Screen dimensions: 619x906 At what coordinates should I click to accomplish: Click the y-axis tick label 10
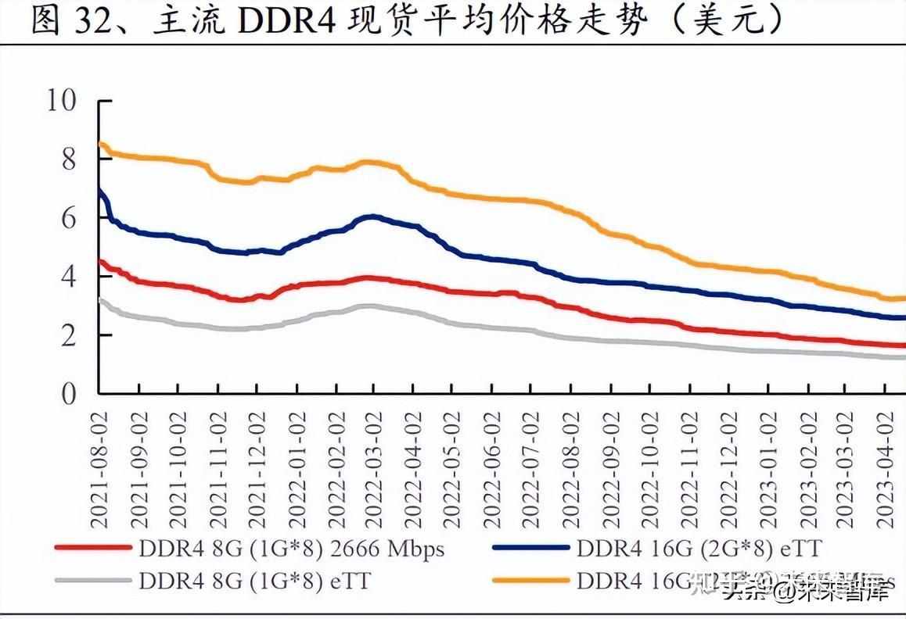click(63, 101)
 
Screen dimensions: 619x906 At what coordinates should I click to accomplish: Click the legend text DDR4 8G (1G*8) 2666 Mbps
click(291, 549)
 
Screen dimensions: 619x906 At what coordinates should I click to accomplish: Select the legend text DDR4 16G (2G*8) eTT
click(699, 549)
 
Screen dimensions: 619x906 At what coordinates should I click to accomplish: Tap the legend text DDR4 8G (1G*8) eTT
click(254, 581)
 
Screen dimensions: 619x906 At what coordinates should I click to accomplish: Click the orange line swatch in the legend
click(530, 581)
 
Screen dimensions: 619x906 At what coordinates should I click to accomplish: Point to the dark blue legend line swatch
click(530, 549)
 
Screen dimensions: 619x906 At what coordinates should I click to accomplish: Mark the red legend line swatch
click(92, 549)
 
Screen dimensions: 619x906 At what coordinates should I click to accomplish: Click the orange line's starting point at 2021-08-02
click(100, 144)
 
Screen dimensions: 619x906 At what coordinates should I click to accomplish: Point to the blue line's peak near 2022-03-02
click(374, 216)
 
